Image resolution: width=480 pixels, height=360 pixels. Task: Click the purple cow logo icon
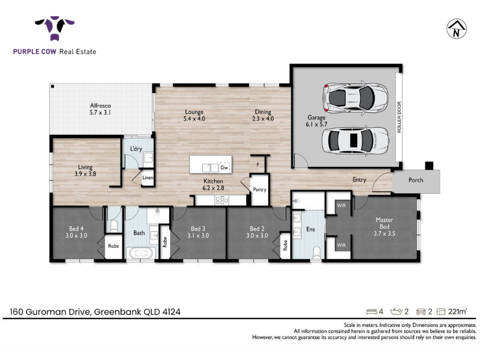tap(55, 28)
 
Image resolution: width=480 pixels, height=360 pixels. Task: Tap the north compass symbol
tap(456, 29)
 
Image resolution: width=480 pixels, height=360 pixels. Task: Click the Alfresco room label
tap(100, 106)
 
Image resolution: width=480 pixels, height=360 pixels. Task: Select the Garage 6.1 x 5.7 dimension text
tap(316, 124)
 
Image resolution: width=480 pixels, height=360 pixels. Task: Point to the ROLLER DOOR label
tap(399, 117)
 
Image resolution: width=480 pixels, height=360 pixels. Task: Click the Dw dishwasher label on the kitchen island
tap(224, 167)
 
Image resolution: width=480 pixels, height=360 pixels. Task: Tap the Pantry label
tap(260, 190)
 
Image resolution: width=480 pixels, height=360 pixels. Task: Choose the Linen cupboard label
tap(148, 178)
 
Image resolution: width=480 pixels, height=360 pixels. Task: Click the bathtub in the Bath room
tap(141, 253)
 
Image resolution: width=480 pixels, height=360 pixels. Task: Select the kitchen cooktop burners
tap(221, 200)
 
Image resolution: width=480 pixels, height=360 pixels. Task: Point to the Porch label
tap(416, 180)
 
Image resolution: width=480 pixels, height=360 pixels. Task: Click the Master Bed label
tap(385, 223)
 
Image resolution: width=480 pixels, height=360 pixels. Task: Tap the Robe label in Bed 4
tap(113, 246)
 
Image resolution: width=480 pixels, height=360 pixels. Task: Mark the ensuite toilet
tap(316, 253)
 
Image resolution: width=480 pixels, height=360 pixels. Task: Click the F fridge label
tap(258, 164)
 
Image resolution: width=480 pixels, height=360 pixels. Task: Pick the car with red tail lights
tap(355, 98)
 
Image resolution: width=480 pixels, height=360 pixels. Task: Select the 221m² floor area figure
tap(457, 311)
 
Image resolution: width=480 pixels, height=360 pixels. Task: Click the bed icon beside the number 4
tap(371, 311)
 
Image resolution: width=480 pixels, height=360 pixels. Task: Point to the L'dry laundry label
tap(136, 149)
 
